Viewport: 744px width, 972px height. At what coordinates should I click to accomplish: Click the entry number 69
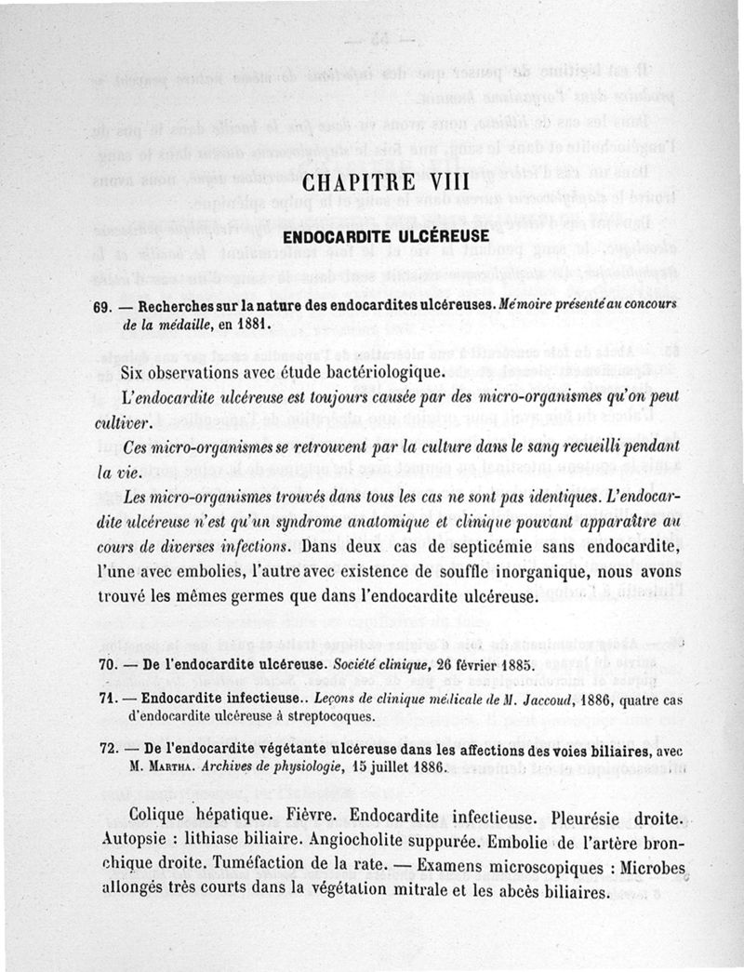click(111, 304)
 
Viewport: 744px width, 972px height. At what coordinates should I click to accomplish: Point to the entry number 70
click(111, 665)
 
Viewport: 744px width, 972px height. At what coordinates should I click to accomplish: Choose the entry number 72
click(111, 752)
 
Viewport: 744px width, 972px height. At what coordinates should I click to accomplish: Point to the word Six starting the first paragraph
click(138, 373)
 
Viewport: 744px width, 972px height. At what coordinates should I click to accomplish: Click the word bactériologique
click(365, 373)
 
